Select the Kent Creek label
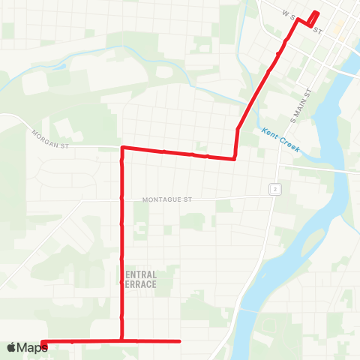[x=280, y=139]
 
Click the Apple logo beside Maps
[x=11, y=347]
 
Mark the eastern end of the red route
[x=180, y=341]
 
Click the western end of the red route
[x=44, y=345]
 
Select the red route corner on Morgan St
[x=122, y=148]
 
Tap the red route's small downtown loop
[x=313, y=19]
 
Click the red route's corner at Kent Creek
[x=235, y=157]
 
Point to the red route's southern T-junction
[x=121, y=341]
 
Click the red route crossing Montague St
[x=121, y=200]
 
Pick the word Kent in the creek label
[x=271, y=133]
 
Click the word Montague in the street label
[x=163, y=200]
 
